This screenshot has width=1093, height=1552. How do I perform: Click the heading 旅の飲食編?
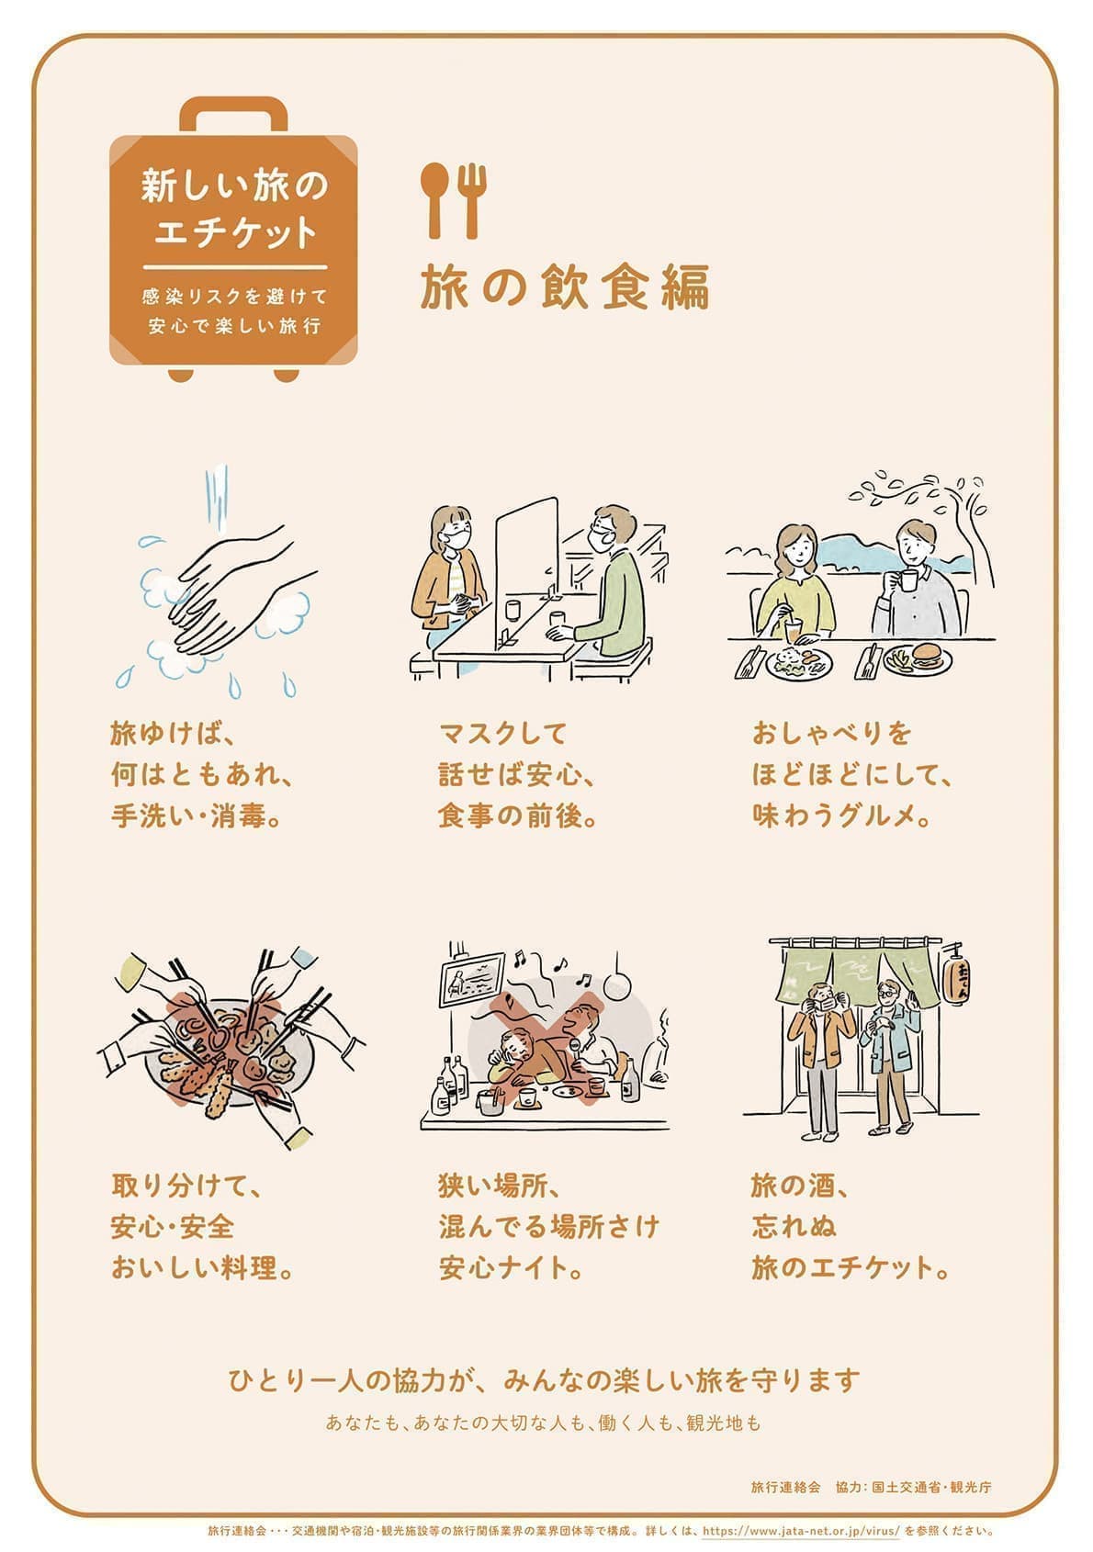[x=565, y=287]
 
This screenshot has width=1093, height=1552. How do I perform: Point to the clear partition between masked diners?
[x=526, y=569]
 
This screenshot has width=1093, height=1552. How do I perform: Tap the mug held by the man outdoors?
[x=908, y=581]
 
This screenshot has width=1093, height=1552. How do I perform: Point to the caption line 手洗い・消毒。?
[x=197, y=815]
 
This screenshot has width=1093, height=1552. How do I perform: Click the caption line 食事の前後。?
[x=518, y=815]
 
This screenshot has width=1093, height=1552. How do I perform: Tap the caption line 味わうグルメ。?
[x=843, y=815]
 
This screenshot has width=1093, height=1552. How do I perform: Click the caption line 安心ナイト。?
[x=513, y=1268]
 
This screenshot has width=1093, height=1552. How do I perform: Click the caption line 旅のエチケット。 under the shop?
[x=851, y=1268]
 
